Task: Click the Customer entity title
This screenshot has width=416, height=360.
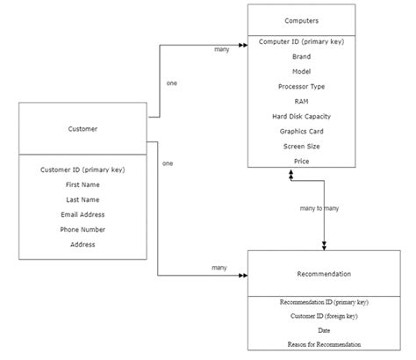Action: (x=82, y=129)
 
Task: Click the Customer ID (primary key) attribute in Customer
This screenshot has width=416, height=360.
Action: (x=82, y=169)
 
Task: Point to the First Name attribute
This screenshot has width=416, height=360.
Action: (x=82, y=184)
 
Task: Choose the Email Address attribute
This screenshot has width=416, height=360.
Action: (x=82, y=214)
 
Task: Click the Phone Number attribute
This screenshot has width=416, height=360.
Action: (x=82, y=229)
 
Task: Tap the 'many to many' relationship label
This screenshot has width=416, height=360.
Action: (x=319, y=208)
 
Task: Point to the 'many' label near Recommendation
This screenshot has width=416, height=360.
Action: (x=219, y=267)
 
